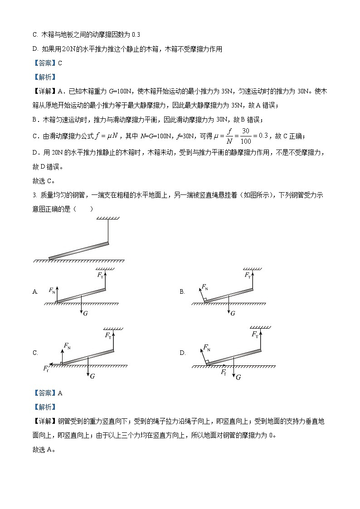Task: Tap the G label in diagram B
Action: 233,313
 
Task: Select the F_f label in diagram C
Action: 46,368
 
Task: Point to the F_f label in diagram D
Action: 224,372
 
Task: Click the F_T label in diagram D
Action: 255,334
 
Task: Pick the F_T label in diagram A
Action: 100,275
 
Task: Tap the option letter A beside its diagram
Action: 35,292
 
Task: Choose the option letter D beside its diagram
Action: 182,353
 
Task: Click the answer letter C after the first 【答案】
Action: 60,63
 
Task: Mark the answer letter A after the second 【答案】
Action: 60,393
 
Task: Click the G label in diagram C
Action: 92,376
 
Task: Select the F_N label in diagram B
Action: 205,287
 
